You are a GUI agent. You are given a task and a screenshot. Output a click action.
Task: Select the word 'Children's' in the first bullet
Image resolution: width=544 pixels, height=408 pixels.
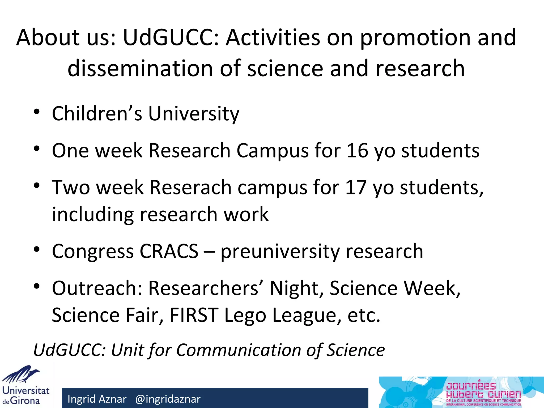pos(97,113)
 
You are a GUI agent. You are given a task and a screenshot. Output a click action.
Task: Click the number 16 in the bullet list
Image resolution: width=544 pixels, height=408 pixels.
pos(358,151)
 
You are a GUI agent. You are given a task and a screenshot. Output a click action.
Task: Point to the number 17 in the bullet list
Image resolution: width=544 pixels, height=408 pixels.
pos(356,188)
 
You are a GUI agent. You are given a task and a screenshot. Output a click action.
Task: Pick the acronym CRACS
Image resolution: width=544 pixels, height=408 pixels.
pos(169,251)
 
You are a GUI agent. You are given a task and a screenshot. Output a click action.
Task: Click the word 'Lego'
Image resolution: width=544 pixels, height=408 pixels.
pos(245,315)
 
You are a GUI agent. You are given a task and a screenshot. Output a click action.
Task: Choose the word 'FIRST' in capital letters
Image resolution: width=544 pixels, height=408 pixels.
pos(194,315)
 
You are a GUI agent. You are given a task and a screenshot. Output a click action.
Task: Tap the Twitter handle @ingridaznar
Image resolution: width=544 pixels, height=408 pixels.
pos(168,399)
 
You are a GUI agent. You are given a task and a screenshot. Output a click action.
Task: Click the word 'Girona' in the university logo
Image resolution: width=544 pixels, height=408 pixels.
pos(25,401)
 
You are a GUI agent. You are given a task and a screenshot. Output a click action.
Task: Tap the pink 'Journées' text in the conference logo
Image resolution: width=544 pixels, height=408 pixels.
pos(471,385)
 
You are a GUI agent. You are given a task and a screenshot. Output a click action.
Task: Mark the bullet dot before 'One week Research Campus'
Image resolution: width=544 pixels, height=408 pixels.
pos(37,148)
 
